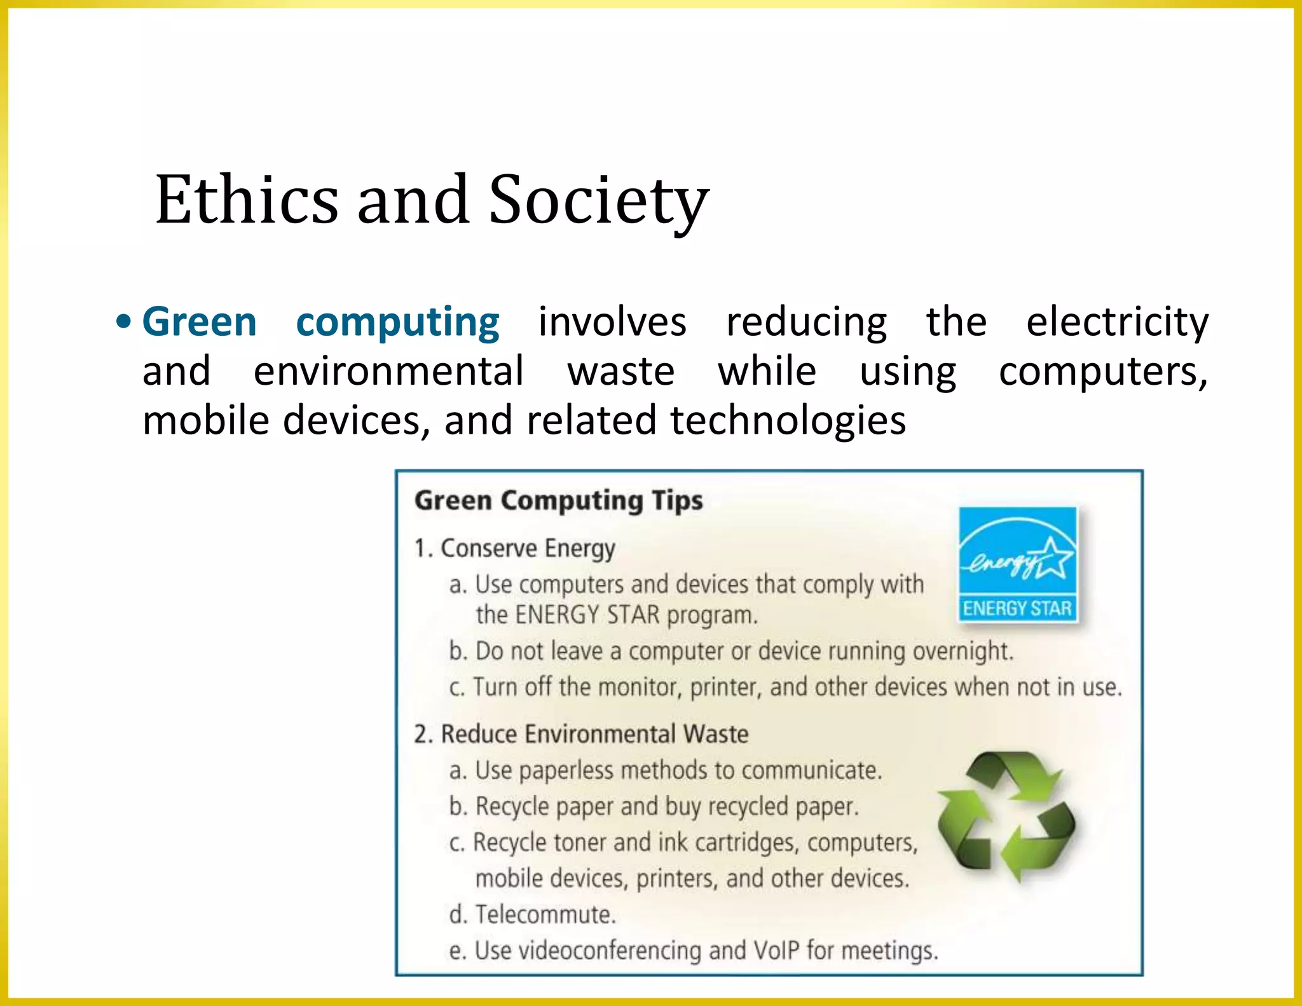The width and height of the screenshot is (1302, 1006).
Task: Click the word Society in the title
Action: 598,200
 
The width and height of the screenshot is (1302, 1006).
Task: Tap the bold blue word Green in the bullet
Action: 200,322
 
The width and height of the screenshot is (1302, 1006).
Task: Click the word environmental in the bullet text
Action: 388,371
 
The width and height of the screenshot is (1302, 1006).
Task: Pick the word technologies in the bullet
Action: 788,421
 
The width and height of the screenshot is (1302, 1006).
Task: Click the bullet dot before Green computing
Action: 123,322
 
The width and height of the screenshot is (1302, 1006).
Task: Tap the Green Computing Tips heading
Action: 559,500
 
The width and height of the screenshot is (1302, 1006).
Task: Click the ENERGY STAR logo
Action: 1018,563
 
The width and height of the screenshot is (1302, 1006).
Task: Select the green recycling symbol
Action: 1006,817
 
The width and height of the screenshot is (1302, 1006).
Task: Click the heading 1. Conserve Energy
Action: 515,548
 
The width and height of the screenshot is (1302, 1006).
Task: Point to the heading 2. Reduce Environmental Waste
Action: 581,734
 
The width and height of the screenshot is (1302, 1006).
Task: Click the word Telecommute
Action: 545,914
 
